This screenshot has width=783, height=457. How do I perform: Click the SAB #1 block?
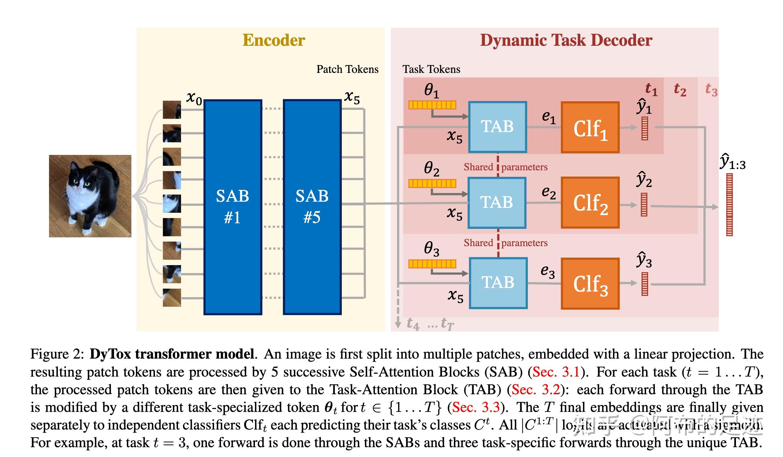[233, 207]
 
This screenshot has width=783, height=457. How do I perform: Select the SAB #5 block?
[312, 207]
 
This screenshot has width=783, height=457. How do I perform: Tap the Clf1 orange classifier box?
[590, 127]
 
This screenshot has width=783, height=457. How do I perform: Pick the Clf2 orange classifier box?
[590, 203]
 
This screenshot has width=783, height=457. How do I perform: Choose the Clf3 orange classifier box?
[590, 283]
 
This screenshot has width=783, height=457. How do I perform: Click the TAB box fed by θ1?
[497, 127]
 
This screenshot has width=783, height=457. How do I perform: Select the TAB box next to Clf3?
[498, 283]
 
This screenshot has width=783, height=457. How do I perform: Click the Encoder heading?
[274, 40]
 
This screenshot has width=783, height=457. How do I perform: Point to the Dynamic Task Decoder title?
[566, 40]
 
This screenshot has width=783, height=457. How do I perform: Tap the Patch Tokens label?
[347, 69]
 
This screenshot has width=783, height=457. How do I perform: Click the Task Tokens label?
[431, 69]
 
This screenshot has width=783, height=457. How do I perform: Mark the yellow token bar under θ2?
[432, 184]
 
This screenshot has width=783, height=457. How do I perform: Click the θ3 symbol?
[431, 249]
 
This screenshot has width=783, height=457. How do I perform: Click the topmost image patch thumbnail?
[172, 110]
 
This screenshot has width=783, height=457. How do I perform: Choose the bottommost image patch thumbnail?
[172, 297]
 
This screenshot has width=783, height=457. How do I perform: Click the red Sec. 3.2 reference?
[536, 390]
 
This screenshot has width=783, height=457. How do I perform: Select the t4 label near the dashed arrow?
[413, 324]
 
